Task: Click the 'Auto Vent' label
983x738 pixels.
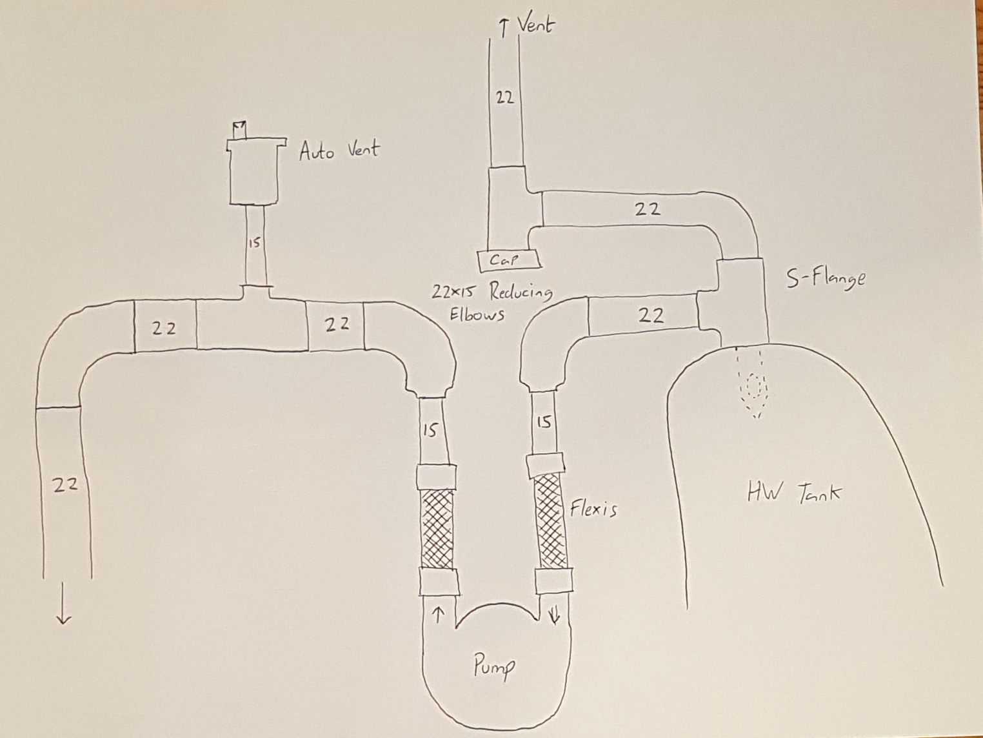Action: (x=339, y=150)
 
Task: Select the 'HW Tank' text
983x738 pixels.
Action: (x=794, y=493)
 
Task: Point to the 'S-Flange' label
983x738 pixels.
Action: (x=826, y=278)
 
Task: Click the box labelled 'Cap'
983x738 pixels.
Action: (x=508, y=261)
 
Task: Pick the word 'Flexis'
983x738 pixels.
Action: (x=593, y=509)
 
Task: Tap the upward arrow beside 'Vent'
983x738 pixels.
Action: (x=504, y=29)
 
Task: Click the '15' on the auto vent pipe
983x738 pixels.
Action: (x=254, y=243)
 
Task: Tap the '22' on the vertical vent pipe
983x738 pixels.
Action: (x=504, y=97)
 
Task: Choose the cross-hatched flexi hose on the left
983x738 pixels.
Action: (x=436, y=528)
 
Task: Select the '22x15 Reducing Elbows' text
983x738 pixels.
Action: (x=491, y=302)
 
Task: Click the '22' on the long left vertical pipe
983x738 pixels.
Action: (x=66, y=485)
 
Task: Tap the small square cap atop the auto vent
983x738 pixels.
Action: (x=239, y=130)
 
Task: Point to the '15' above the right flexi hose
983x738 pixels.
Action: (x=544, y=422)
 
